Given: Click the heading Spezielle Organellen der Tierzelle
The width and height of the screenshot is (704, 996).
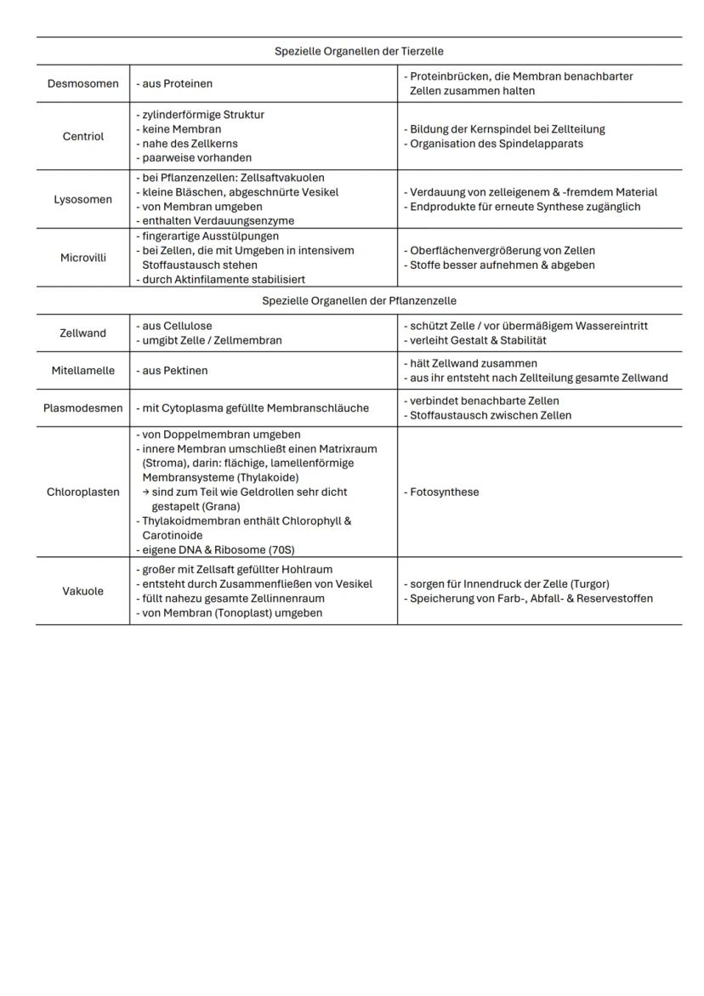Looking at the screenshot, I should point(359,51).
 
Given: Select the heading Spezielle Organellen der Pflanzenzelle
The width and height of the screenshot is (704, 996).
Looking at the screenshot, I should point(359,301).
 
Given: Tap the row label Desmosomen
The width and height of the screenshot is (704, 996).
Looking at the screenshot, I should point(82,83).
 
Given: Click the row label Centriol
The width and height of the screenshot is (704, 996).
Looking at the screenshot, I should point(82,136).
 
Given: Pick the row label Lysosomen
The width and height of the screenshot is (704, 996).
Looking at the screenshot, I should point(82,200).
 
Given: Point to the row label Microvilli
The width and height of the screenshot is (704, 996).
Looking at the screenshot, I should point(82,258).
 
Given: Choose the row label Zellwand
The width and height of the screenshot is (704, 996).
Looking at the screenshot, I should point(82,333).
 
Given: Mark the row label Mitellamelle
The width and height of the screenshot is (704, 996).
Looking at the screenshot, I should point(82,371).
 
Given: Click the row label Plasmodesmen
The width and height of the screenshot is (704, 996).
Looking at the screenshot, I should point(82,407).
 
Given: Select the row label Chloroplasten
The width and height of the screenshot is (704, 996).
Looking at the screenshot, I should point(82,492).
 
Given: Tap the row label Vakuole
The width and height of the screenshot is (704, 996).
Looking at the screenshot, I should point(82,591).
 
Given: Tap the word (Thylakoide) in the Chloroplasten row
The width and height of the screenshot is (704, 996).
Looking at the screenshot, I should point(259,477).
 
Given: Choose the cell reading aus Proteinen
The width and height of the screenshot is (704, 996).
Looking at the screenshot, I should point(174,83).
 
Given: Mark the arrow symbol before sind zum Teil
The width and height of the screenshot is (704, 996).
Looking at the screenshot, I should point(145,492).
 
